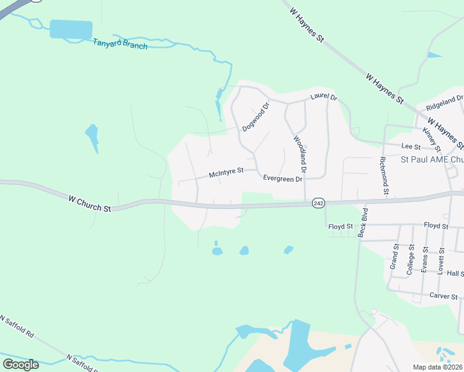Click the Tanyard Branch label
coord(120,44)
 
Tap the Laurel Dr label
coord(323,97)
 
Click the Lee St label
coord(411,146)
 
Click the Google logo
coord(20,365)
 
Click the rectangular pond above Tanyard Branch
coord(71,29)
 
